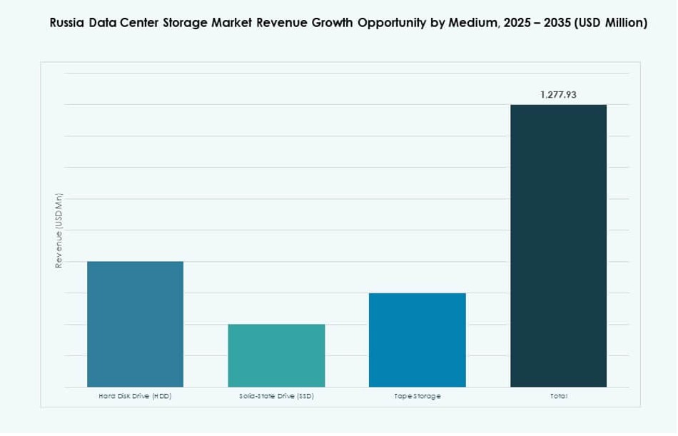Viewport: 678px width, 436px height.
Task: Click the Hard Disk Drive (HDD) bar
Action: pyautogui.click(x=135, y=324)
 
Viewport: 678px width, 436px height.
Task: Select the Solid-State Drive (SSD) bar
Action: pyautogui.click(x=276, y=355)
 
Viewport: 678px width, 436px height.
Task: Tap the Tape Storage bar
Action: pyautogui.click(x=417, y=340)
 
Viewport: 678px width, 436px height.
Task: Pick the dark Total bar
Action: pyautogui.click(x=558, y=245)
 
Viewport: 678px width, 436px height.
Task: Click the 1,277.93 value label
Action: pyautogui.click(x=558, y=94)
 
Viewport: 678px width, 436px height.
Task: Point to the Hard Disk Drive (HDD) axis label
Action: pyautogui.click(x=135, y=396)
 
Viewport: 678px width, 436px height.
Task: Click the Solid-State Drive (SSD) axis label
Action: pyautogui.click(x=276, y=396)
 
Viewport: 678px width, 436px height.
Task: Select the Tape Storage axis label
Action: pyautogui.click(x=418, y=396)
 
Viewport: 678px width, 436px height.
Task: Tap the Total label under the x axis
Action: pyautogui.click(x=558, y=396)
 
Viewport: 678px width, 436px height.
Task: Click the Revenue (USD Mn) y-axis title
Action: pyautogui.click(x=59, y=230)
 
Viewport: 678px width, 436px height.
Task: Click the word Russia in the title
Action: pyautogui.click(x=67, y=23)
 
